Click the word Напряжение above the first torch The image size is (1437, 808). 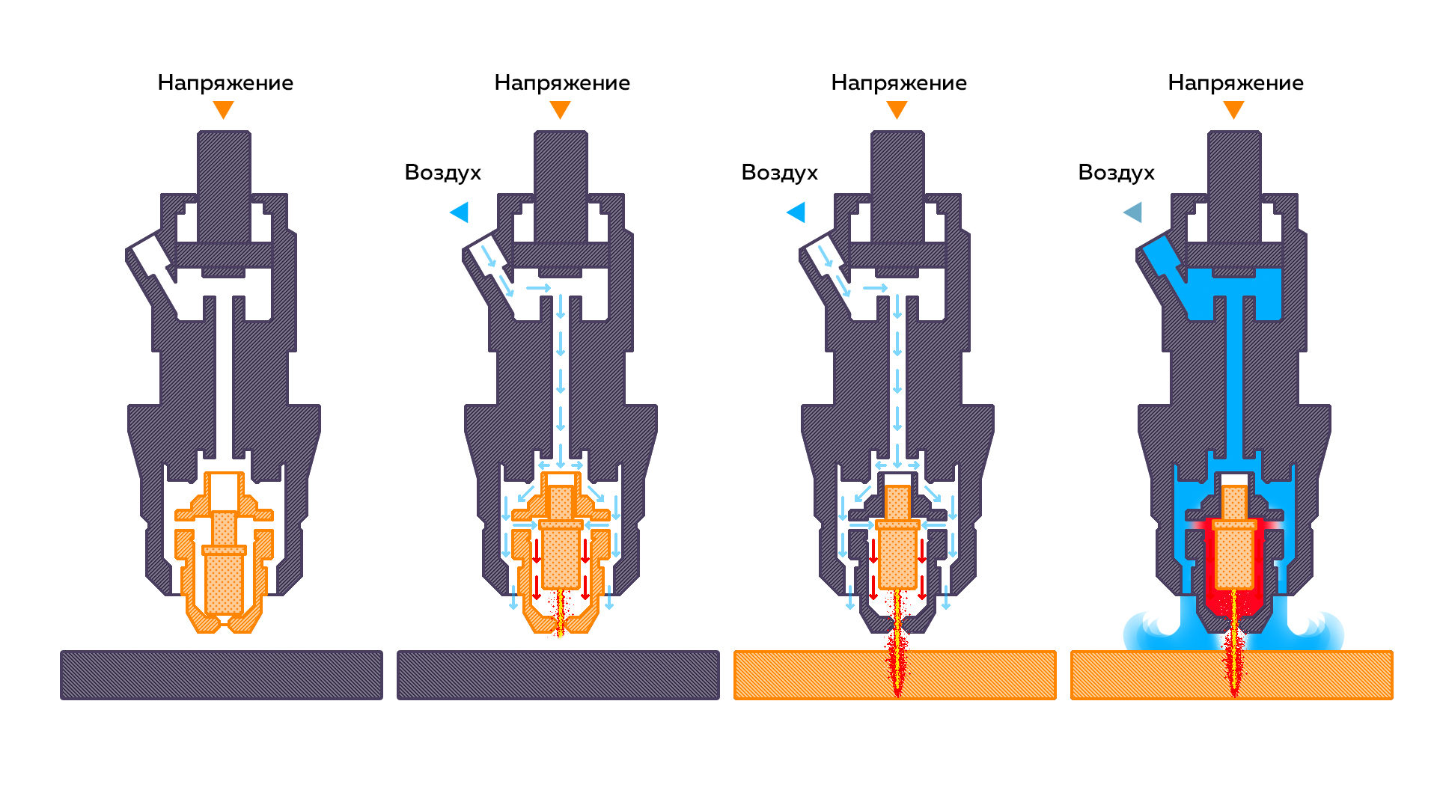pyautogui.click(x=225, y=83)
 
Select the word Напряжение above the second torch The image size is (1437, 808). pyautogui.click(x=562, y=83)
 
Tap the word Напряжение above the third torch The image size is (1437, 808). pyautogui.click(x=899, y=83)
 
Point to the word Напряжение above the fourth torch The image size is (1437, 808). pyautogui.click(x=1236, y=83)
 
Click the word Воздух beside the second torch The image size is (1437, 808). pyautogui.click(x=442, y=173)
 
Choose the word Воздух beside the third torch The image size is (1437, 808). pyautogui.click(x=779, y=173)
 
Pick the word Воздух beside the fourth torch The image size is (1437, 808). pyautogui.click(x=1116, y=173)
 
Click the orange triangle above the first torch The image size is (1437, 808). pyautogui.click(x=223, y=110)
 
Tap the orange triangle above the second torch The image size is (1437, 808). pyautogui.click(x=560, y=110)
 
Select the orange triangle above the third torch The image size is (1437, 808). pyautogui.click(x=897, y=110)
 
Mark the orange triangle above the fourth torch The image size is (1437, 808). pyautogui.click(x=1233, y=110)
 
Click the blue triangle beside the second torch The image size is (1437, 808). pyautogui.click(x=460, y=212)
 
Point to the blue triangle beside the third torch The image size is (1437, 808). pyautogui.click(x=797, y=212)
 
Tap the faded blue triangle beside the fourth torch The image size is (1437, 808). pyautogui.click(x=1134, y=212)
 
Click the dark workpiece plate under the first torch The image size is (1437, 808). pyautogui.click(x=222, y=675)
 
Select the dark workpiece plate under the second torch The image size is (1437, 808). pyautogui.click(x=558, y=675)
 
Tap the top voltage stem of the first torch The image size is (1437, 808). pyautogui.click(x=224, y=187)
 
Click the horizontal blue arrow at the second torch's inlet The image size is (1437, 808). pyautogui.click(x=538, y=288)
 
